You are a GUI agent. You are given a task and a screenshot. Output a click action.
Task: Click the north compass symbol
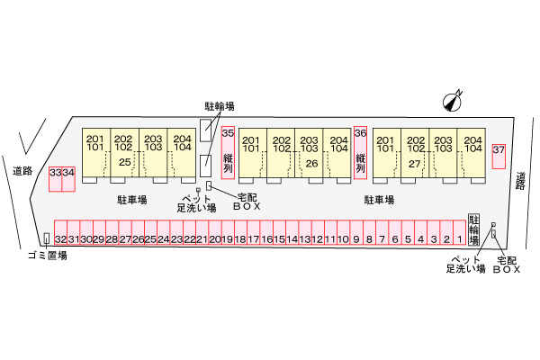tap(452, 101)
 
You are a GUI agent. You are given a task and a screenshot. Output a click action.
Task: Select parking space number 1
tap(459, 233)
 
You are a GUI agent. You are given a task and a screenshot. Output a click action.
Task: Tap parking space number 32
tap(60, 233)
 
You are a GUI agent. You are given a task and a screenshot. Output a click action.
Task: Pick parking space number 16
tap(266, 233)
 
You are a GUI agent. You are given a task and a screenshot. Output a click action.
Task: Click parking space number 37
tap(499, 156)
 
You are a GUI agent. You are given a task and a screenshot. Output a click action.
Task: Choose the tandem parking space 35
tap(228, 153)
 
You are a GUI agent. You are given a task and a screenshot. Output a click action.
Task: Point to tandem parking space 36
tap(361, 153)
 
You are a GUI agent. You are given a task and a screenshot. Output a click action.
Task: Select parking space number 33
tap(56, 179)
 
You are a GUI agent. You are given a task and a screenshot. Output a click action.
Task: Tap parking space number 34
tap(68, 179)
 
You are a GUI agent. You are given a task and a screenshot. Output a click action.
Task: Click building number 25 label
tap(124, 162)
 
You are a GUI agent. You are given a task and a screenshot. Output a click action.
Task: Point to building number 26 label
tap(311, 163)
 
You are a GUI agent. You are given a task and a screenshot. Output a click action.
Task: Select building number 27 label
tap(414, 164)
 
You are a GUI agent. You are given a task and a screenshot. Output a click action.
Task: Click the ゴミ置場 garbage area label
tap(48, 256)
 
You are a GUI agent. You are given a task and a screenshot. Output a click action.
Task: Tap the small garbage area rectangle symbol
tap(47, 238)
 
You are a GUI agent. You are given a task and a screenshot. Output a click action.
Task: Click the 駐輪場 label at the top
tap(220, 106)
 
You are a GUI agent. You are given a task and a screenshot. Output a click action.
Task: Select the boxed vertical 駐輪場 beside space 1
tap(474, 229)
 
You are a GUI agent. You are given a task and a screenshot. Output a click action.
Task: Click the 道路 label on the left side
tap(22, 171)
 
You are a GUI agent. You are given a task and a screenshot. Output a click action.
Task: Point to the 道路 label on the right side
tap(521, 181)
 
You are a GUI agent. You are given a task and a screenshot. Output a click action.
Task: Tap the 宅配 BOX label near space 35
tap(247, 202)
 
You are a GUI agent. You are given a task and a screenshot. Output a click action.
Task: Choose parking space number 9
tap(356, 233)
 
